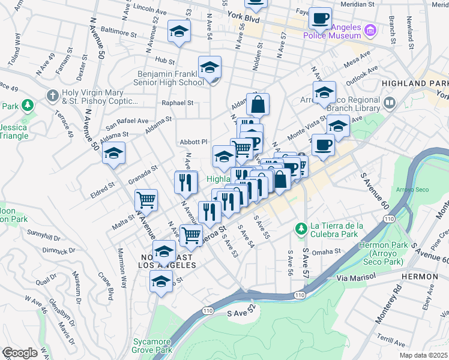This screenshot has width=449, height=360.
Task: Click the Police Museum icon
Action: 370,29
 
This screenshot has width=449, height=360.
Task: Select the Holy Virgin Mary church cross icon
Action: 52,95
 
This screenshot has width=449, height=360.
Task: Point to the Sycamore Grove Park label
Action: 152,346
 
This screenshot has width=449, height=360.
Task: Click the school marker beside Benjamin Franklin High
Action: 210,67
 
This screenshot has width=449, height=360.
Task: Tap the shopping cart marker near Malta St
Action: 146,200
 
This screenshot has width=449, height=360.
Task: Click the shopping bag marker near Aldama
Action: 258,104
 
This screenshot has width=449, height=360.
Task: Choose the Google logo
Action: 19,353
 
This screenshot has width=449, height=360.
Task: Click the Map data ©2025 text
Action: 423,355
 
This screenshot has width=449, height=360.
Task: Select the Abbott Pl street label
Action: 194,142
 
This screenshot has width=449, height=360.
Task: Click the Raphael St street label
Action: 178,103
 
